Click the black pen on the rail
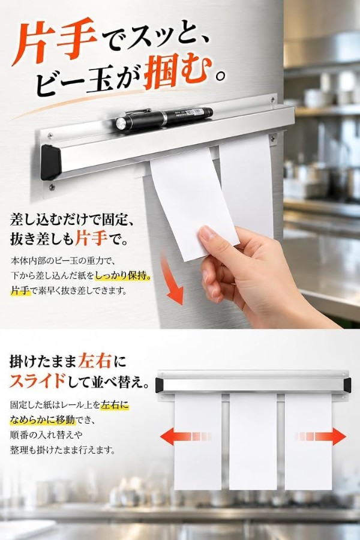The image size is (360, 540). [x=164, y=116]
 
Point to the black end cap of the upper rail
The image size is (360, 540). [x=50, y=162]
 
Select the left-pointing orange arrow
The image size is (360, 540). [x=185, y=437]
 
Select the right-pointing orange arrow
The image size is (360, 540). [x=320, y=437]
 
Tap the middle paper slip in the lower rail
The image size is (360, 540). [x=253, y=441]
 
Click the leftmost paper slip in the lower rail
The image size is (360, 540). [x=197, y=441]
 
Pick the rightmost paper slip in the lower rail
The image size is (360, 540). [x=308, y=441]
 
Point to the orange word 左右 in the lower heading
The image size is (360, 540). [x=95, y=361]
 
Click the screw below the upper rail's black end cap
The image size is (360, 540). [x=52, y=187]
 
